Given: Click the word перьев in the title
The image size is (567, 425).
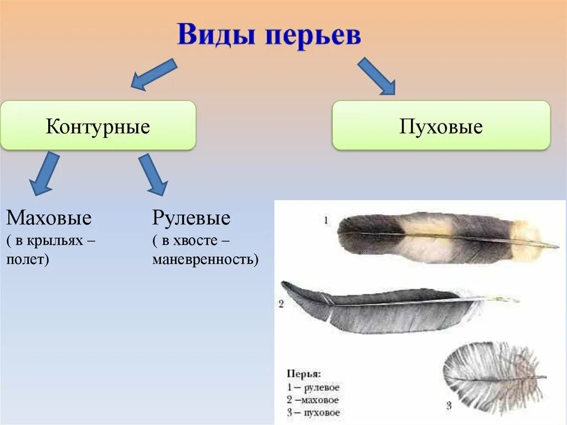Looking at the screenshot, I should [x=313, y=37].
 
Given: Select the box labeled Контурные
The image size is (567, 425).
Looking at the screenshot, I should [x=98, y=126].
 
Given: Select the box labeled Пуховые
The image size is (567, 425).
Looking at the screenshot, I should [x=441, y=126].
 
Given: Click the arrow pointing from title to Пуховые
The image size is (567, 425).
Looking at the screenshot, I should [x=377, y=75].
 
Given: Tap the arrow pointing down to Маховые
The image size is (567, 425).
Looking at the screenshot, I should [x=44, y=174].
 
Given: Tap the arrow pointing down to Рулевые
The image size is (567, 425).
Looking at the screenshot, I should [x=152, y=174].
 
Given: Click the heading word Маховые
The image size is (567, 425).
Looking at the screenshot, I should [x=49, y=218].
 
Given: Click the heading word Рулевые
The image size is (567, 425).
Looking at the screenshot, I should [x=191, y=218].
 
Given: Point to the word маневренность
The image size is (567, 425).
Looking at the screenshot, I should [x=204, y=259].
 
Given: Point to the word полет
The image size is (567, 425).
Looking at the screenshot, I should [x=27, y=259].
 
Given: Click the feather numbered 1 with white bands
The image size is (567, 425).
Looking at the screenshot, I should [x=443, y=237].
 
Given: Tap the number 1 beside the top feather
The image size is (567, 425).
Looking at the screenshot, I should [x=326, y=221].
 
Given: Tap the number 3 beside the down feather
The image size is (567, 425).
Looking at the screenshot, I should [x=449, y=406].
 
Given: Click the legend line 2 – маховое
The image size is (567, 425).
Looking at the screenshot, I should [x=313, y=400].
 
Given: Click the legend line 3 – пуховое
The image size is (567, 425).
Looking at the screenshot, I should [x=313, y=412].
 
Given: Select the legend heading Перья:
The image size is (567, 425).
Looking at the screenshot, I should [x=303, y=374].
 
